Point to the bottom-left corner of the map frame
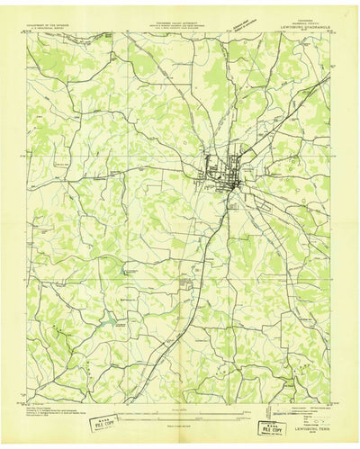(x=26, y=402)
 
